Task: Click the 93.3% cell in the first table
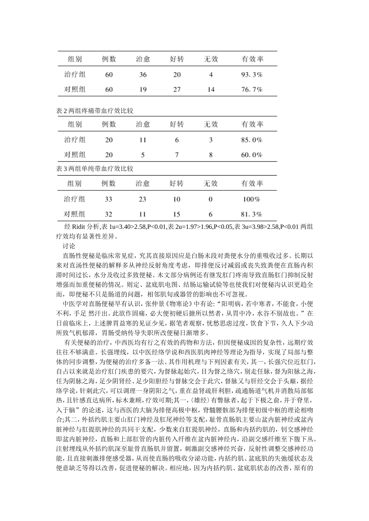[x=252, y=74]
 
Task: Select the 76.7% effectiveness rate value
[x=252, y=89]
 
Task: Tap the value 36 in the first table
[x=143, y=74]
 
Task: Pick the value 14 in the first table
[x=211, y=89]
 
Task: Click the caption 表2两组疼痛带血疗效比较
[x=95, y=111]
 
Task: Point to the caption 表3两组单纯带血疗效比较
[x=95, y=169]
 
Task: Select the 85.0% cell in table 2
[x=252, y=140]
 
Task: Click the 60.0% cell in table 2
[x=252, y=155]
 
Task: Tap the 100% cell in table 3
[x=251, y=199]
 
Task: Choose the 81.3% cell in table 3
[x=251, y=214]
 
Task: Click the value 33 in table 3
[x=108, y=199]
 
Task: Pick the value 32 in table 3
[x=108, y=214]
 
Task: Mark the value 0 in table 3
[x=211, y=199]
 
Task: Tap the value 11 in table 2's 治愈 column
[x=143, y=140]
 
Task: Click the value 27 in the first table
[x=177, y=89]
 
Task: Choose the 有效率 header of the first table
[x=252, y=59]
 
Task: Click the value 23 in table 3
[x=143, y=199]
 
